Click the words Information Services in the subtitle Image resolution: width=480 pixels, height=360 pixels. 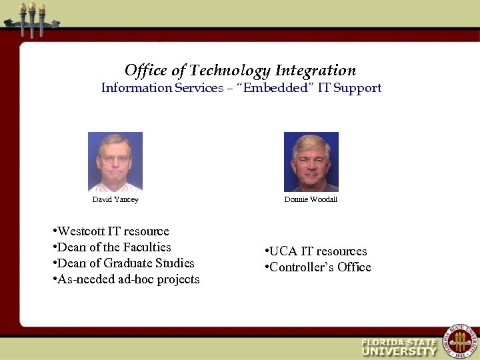(162, 88)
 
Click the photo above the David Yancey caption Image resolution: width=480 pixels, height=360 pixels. (115, 162)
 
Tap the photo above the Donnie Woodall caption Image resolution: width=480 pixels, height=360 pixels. (311, 162)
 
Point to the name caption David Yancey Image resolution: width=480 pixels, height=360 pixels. (115, 199)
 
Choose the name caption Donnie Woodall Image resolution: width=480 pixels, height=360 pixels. (311, 199)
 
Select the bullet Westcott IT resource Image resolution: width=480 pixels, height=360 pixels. (111, 231)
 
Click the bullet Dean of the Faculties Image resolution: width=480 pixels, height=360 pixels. (111, 247)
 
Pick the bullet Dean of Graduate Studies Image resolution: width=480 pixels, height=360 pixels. (123, 263)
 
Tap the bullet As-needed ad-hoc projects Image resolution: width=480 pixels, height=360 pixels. (125, 279)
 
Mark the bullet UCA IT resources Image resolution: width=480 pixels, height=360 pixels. (316, 251)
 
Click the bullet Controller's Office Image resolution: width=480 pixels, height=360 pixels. (318, 267)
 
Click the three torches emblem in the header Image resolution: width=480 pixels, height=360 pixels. (31, 18)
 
